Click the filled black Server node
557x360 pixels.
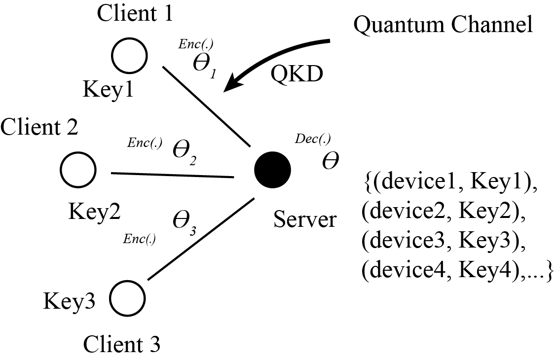272,169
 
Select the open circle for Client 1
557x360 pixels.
129,56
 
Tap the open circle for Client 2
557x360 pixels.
78,169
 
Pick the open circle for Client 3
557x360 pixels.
128,298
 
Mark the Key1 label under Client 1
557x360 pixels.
108,90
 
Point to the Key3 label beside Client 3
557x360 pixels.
69,300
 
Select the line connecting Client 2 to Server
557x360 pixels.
172,175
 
